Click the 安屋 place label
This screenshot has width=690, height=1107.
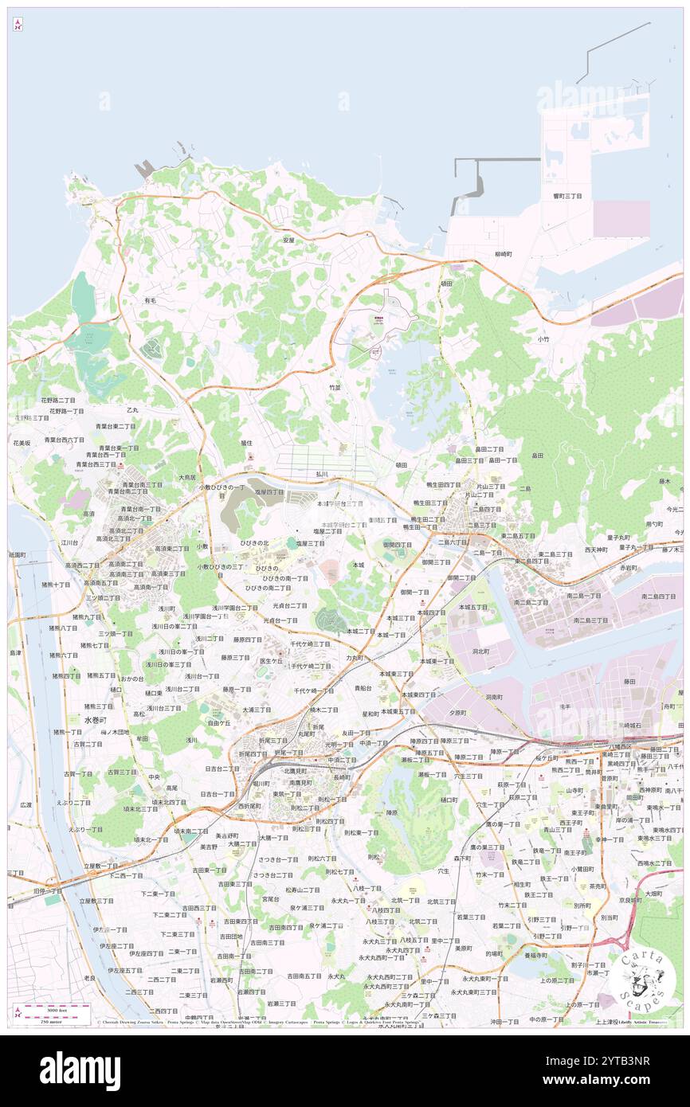pyautogui.click(x=288, y=239)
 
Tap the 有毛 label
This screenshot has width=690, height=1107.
pyautogui.click(x=150, y=300)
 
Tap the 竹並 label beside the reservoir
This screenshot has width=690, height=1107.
pyautogui.click(x=335, y=387)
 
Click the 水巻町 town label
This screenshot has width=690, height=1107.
pyautogui.click(x=95, y=719)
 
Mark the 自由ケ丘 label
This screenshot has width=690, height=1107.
pyautogui.click(x=218, y=723)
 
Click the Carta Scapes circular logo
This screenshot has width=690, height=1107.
pyautogui.click(x=643, y=980)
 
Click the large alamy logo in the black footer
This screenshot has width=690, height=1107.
pyautogui.click(x=80, y=1071)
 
